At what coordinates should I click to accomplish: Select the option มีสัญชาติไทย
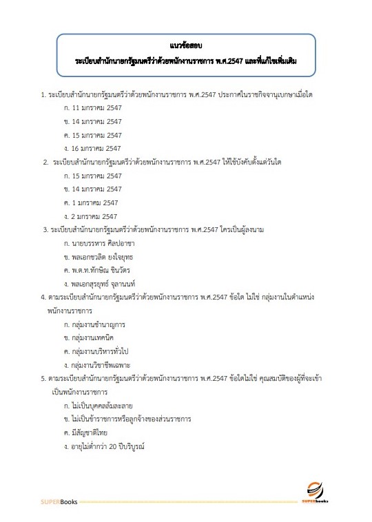90,432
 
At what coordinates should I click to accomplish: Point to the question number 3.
45,229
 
